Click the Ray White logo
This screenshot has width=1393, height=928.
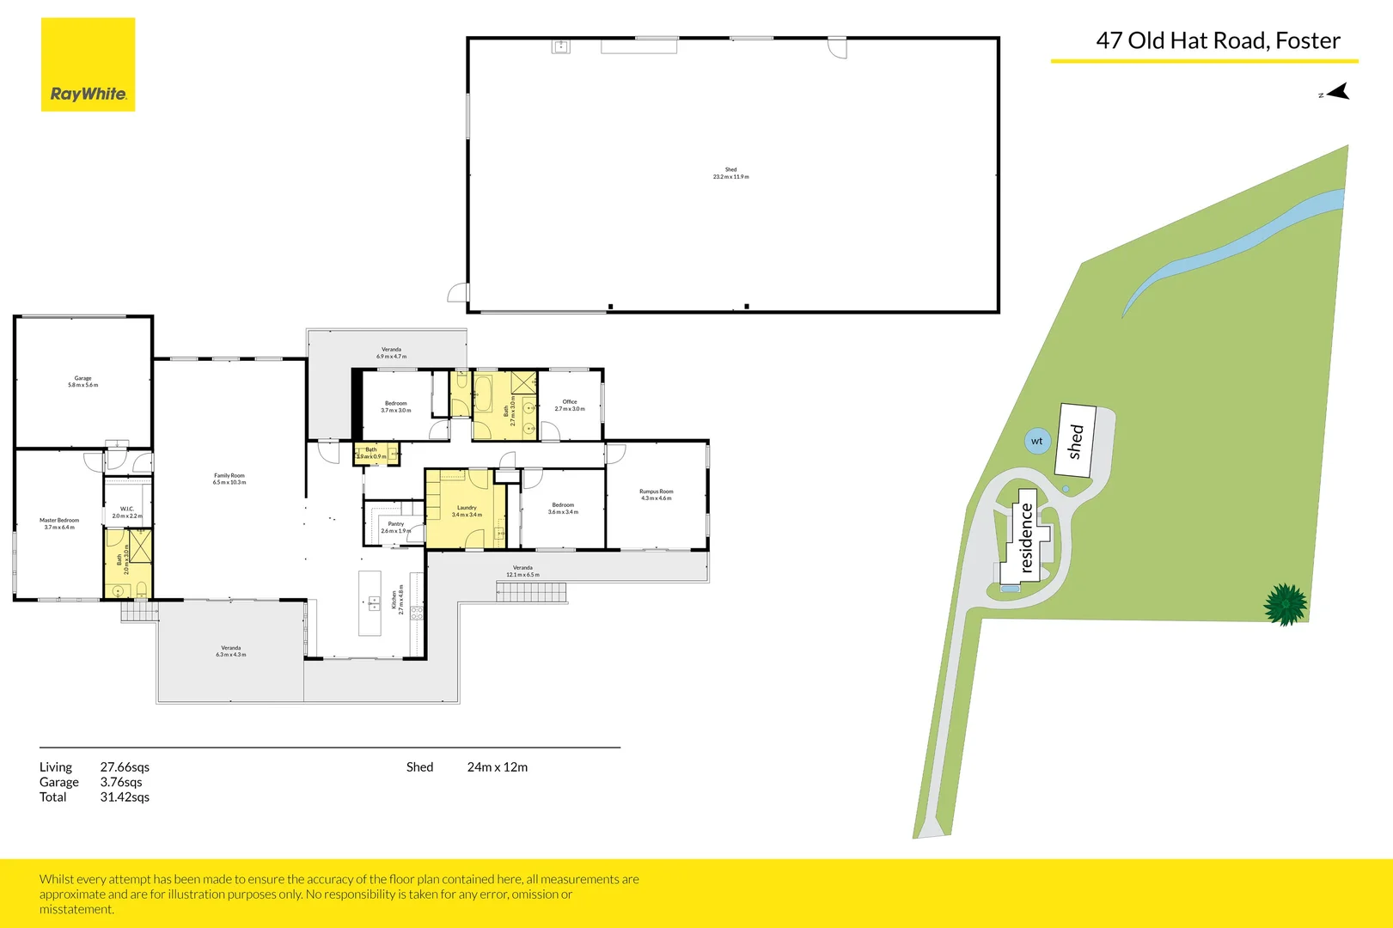[88, 65]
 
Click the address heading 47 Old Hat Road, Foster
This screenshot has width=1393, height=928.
[1217, 40]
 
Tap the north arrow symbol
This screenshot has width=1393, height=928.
[1337, 92]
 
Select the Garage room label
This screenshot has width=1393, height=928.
[82, 382]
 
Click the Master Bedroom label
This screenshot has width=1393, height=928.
[59, 523]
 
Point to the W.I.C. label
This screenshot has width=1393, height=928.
[127, 512]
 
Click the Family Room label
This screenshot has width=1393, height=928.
[229, 479]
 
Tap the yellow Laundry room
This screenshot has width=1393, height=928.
[467, 511]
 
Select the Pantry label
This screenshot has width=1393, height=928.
[395, 527]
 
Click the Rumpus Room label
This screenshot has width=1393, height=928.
[656, 495]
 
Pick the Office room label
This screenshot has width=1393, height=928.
[570, 405]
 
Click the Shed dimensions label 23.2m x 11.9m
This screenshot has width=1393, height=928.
[730, 176]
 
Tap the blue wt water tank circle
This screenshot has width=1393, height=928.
[1037, 441]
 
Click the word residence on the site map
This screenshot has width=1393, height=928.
[1026, 538]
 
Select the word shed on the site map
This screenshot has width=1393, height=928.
[1076, 441]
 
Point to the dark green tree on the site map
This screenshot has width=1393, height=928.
[1286, 604]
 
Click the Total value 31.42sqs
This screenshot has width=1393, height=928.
[125, 797]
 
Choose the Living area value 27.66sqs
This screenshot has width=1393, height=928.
[125, 767]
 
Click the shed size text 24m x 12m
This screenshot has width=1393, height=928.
[497, 767]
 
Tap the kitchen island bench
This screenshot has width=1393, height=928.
[370, 603]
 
